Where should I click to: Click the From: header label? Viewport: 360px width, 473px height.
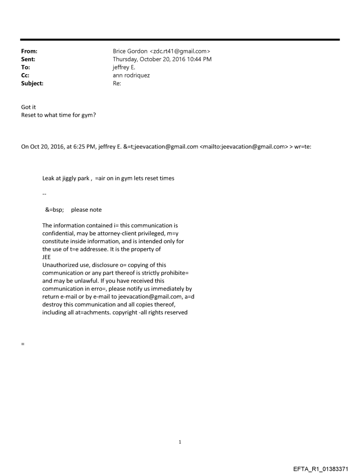(x=29, y=51)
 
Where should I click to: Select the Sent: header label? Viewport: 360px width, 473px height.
(x=28, y=59)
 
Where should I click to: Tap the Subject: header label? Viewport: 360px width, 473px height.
(x=32, y=82)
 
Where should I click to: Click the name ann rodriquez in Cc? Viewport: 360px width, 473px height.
(x=131, y=75)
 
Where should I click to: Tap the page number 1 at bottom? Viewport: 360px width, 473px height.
(x=180, y=442)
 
